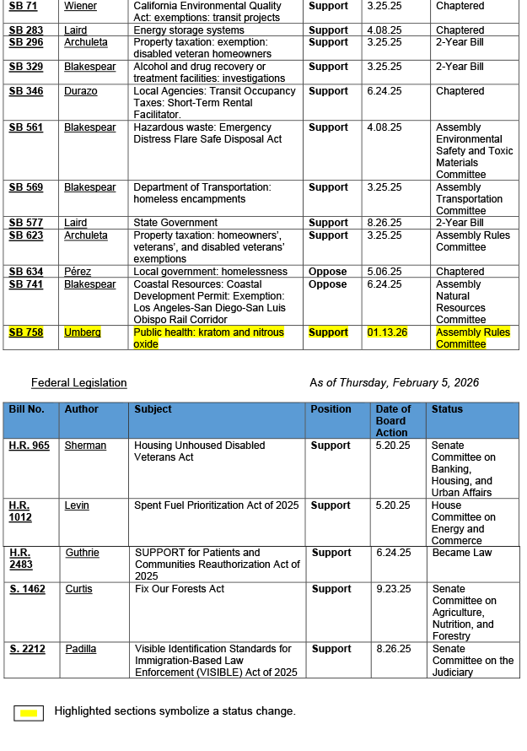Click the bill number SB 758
coord(26,332)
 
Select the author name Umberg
coord(83,332)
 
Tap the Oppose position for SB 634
coord(327,272)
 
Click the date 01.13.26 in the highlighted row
coord(387,332)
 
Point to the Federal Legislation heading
coord(79,383)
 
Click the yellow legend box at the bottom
coord(29,713)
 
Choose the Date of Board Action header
coord(393,420)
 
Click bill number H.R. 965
coord(30,446)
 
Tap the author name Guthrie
coord(83,553)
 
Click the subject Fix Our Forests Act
coord(180,589)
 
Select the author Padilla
coord(82,649)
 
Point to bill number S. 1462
coord(28,589)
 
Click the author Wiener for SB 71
coord(81,6)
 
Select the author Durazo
coord(81,91)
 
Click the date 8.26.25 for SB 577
coord(385,223)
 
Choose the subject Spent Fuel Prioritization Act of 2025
coord(217,505)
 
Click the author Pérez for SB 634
coord(78,272)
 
